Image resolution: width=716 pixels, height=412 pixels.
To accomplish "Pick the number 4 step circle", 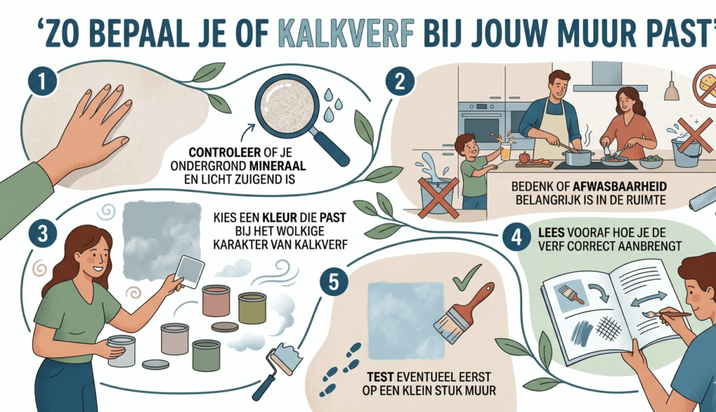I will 515,237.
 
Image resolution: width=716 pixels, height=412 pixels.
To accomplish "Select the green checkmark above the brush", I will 462,281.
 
